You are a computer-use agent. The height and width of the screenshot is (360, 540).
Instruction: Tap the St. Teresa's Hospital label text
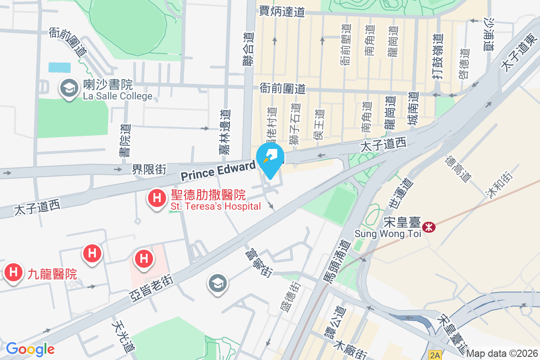pos(216,207)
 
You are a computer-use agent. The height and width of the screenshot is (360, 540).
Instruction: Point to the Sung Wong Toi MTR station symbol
pos(429,227)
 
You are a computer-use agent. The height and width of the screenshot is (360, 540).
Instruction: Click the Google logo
pos(30,349)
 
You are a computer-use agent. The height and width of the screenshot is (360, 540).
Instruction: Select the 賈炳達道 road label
pos(282,12)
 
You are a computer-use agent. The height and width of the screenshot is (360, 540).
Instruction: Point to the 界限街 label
pos(149,169)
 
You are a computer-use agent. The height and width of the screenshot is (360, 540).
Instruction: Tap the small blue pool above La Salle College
pos(59,67)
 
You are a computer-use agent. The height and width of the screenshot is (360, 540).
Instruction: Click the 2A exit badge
pos(435,355)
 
